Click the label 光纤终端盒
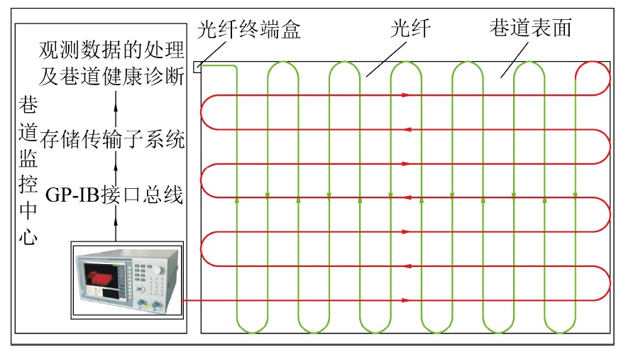(248, 30)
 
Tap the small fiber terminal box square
(197, 67)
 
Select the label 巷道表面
(530, 28)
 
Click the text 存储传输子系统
(112, 139)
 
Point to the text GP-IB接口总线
(114, 195)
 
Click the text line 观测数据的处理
(111, 50)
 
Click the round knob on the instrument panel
(158, 270)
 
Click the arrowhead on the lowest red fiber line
(406, 300)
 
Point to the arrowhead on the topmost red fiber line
(406, 95)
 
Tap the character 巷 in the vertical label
(28, 105)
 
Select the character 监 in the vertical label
(28, 158)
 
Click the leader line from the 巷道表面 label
(515, 60)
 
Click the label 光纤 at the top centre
(410, 28)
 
